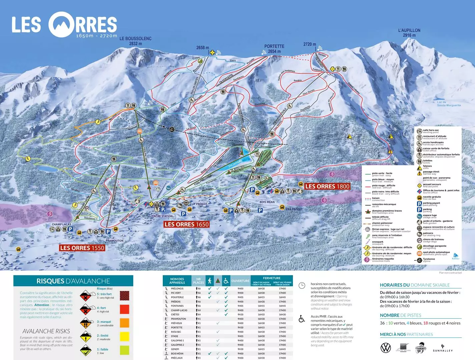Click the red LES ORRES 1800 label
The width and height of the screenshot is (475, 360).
327,186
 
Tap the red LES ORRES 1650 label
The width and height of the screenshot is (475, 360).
186,224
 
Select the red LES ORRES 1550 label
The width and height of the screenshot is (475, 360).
82,248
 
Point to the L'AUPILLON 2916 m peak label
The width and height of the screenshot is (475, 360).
409,33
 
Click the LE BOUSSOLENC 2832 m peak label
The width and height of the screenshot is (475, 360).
135,41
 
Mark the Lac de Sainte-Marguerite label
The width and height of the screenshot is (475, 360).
449,104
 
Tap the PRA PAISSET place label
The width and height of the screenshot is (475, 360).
294,209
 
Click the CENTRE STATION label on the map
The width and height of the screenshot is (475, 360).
161,216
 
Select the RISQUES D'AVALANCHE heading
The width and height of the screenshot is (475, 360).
73,281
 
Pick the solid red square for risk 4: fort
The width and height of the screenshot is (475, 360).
124,309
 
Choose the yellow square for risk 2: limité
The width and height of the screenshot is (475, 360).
124,337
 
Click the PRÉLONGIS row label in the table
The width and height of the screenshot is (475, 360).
177,289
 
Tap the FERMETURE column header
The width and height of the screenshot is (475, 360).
272,278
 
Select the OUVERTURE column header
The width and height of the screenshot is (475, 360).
240,281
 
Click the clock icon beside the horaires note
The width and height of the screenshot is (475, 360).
302,285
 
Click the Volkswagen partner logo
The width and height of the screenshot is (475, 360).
386,348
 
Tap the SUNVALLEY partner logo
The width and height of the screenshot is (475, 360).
443,348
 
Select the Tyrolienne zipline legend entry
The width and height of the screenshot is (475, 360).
429,260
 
